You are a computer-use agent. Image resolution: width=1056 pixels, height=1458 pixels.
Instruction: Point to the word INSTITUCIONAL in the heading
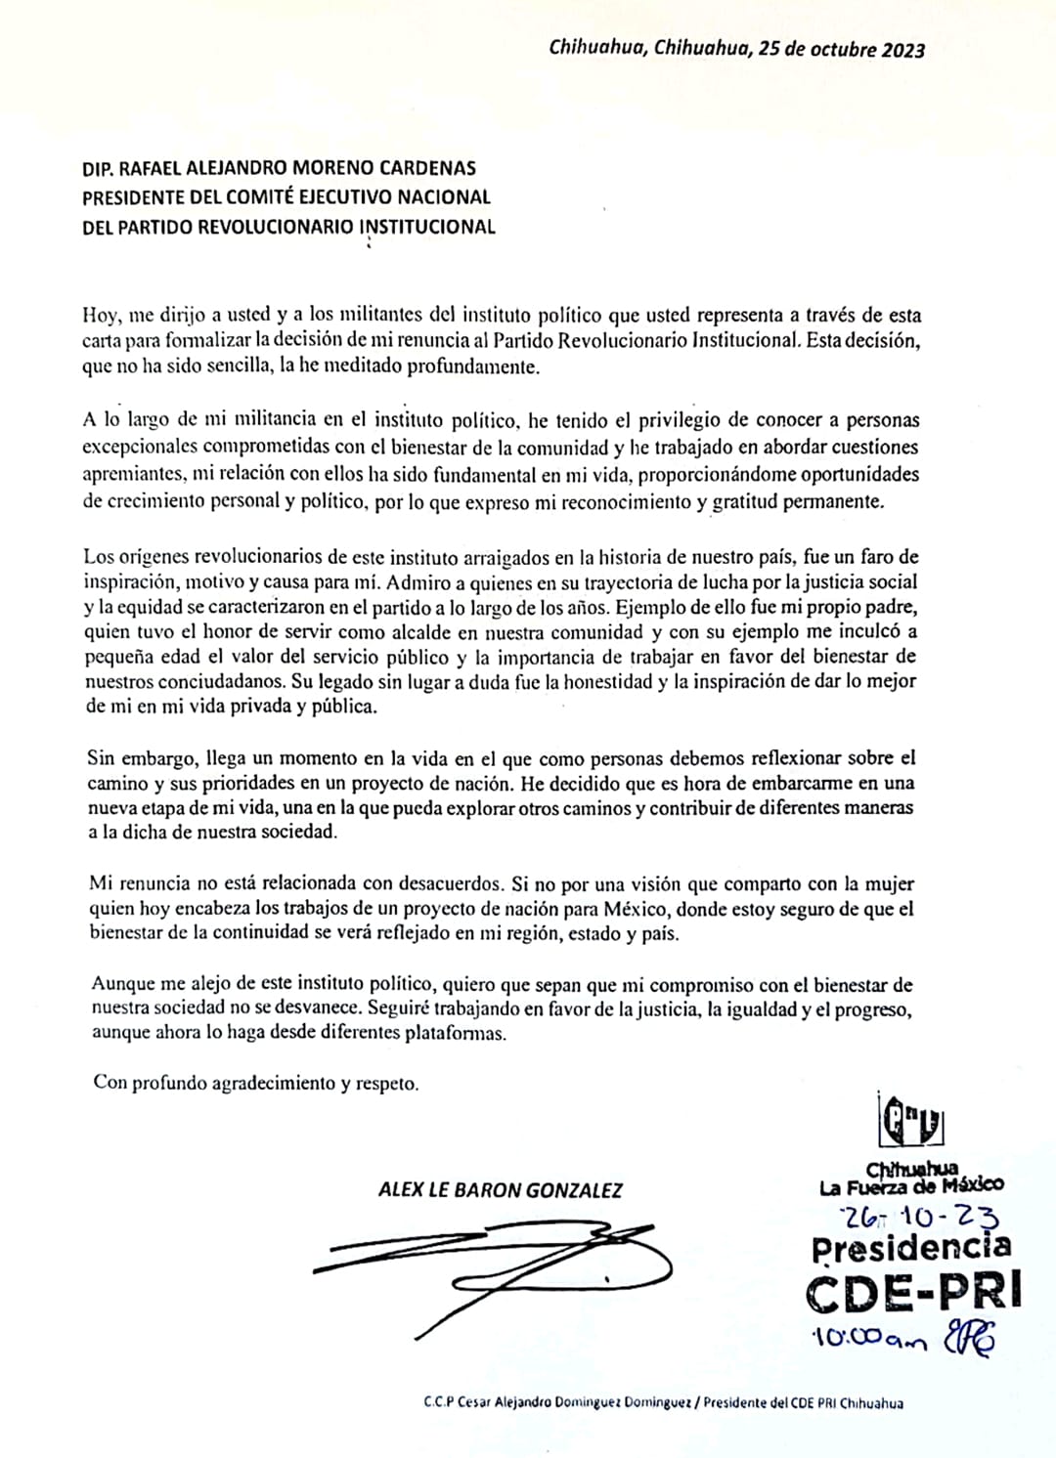428,228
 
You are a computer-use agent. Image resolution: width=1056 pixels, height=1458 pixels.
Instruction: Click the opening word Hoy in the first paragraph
99,317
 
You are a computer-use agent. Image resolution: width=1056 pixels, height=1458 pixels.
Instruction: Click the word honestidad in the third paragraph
606,682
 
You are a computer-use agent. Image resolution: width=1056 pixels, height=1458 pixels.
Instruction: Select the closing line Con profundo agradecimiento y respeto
255,1084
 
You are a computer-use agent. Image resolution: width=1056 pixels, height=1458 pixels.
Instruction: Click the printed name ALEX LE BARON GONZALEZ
500,1190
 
